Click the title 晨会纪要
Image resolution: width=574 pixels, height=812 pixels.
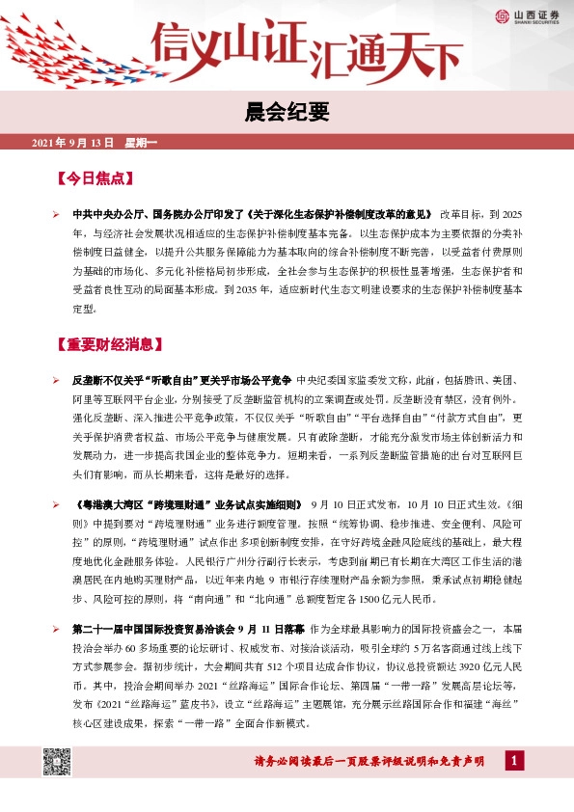click(287, 113)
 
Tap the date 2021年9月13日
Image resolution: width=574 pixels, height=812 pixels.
click(72, 143)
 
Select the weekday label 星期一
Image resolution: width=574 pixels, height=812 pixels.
click(141, 143)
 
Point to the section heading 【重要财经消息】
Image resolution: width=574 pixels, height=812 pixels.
click(114, 343)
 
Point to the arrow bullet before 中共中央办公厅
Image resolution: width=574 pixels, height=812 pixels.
click(58, 214)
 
